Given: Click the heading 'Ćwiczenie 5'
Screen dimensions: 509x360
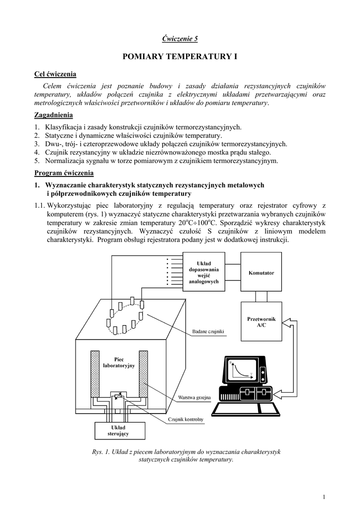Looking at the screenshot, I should pos(180,39).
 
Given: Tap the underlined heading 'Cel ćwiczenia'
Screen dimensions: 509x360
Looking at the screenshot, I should pos(55,75).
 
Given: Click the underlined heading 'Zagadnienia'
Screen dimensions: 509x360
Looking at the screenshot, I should pos(53,115).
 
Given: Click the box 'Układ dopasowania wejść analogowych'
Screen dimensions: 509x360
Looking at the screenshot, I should pos(204,272).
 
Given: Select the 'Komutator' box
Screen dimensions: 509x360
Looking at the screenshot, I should pos(262,273).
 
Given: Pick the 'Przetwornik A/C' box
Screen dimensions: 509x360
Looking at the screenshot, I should pos(262,322).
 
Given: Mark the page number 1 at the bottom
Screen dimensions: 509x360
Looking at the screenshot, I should pos(324,498).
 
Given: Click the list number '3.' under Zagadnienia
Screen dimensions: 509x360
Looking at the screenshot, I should pos(37,144).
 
